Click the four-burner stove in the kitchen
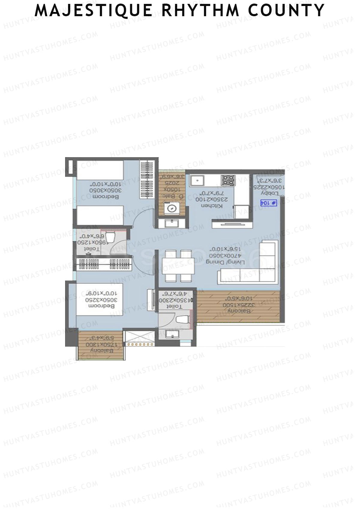coord(228,180)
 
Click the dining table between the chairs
coord(178,266)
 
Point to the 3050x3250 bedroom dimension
coord(100,300)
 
